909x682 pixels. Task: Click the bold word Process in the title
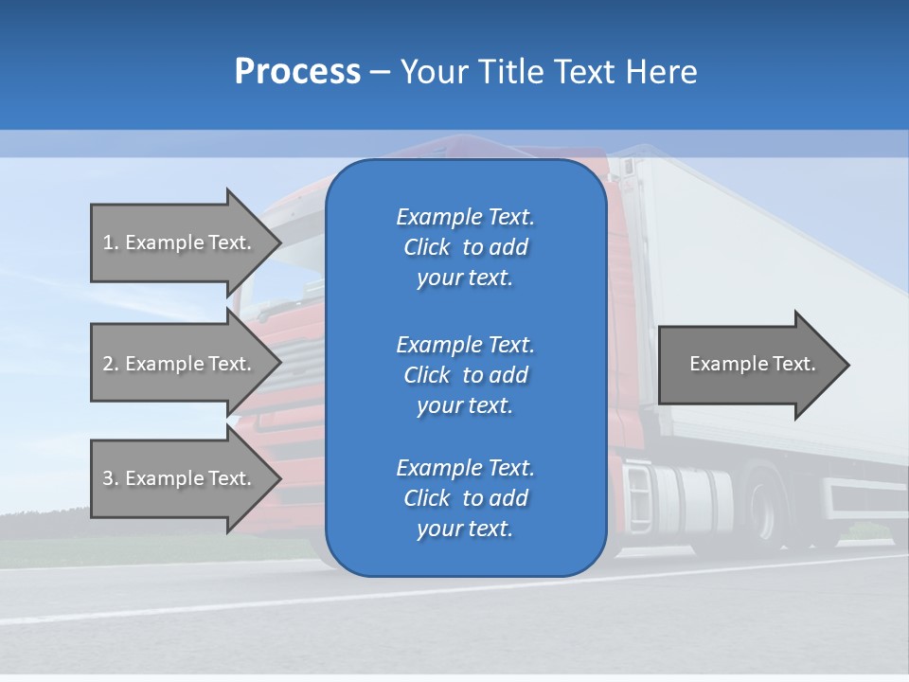tap(297, 72)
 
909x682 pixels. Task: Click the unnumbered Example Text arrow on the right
tap(753, 364)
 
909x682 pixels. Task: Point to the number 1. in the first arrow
tap(110, 242)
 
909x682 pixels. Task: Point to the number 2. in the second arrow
tap(110, 364)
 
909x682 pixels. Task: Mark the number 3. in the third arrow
tap(110, 478)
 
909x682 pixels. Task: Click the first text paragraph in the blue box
tap(465, 247)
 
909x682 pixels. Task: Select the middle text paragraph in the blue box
tap(465, 375)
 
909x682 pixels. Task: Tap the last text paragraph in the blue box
tap(465, 498)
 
